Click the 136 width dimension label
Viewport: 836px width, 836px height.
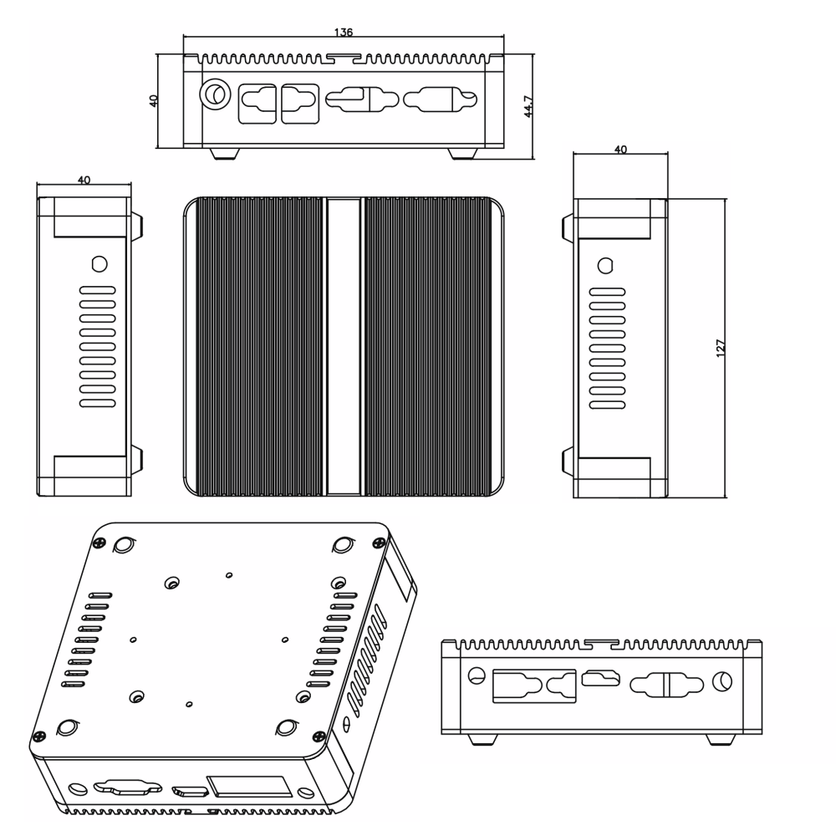point(343,33)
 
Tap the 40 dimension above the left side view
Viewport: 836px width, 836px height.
point(84,180)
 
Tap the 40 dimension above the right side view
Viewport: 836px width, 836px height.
point(620,150)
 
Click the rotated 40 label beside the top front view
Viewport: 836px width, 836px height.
point(153,100)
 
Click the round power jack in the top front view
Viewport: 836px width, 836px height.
point(215,94)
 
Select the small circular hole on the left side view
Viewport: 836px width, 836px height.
point(99,263)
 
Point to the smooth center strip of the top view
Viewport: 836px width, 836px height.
point(343,347)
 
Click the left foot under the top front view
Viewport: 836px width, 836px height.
point(223,154)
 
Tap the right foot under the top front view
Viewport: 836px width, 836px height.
point(462,154)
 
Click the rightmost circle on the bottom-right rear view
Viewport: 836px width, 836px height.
point(721,681)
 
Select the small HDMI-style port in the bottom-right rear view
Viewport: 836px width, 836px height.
point(601,681)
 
